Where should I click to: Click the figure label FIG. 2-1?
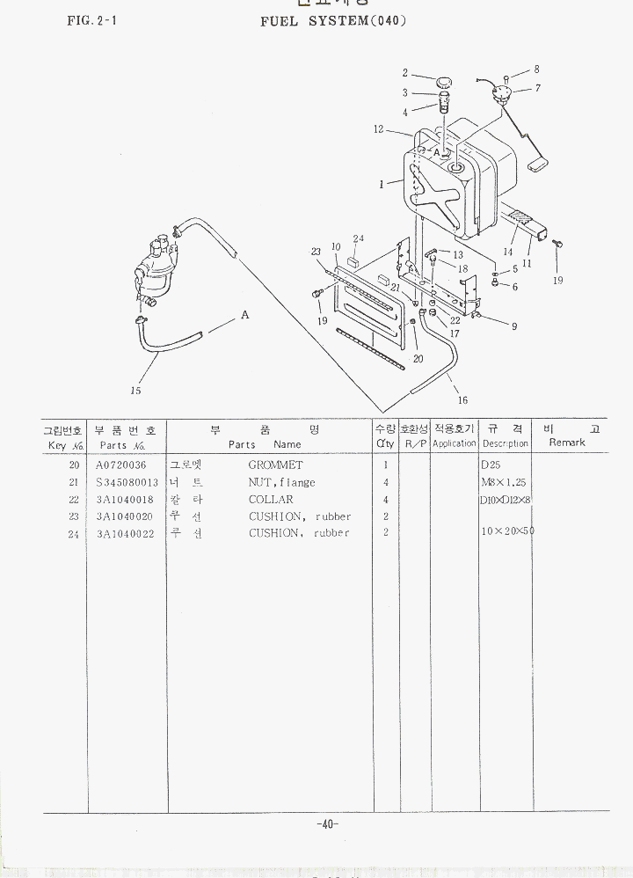pos(92,20)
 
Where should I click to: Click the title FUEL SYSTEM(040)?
pos(333,20)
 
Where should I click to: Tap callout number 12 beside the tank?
pos(378,129)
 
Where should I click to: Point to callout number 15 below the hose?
pos(135,391)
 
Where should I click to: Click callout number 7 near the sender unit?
pos(537,88)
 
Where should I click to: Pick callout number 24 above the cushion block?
pos(358,238)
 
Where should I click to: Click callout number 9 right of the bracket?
pos(514,326)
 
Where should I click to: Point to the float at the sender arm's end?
pos(535,164)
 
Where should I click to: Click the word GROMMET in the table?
pos(275,465)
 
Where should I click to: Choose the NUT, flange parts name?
pos(281,482)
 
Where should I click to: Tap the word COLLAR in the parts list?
pos(271,499)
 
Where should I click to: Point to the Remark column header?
pos(566,443)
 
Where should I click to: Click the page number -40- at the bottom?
pos(326,824)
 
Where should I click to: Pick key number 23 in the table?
pos(75,516)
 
